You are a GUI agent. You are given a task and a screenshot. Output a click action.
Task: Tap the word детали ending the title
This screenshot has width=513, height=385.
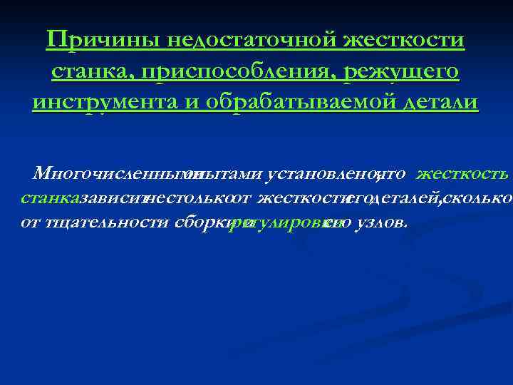tap(439, 102)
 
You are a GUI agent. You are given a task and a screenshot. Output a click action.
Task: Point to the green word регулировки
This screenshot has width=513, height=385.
tap(278, 222)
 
